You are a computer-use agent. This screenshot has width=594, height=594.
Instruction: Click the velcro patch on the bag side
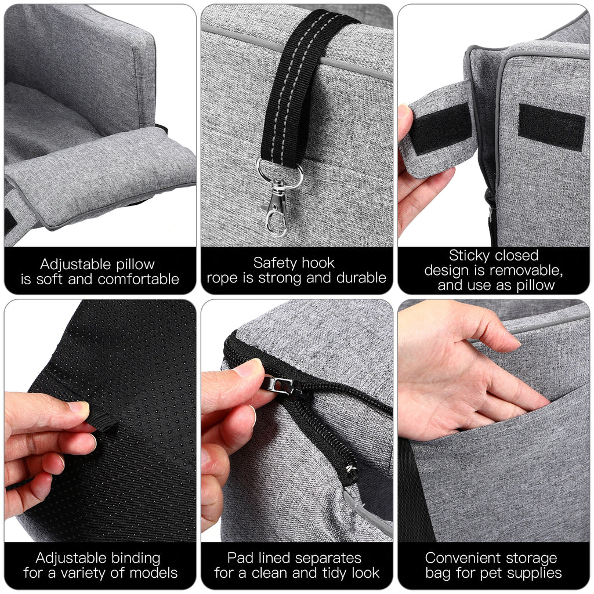click(551, 126)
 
